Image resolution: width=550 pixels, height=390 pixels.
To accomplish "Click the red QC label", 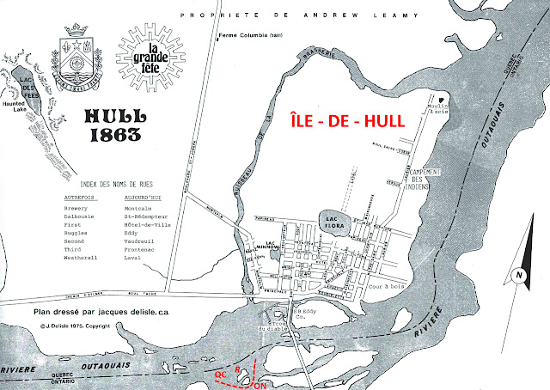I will pyautogui.click(x=221, y=375).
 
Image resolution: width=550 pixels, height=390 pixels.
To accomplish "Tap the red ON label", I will pyautogui.click(x=260, y=386).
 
